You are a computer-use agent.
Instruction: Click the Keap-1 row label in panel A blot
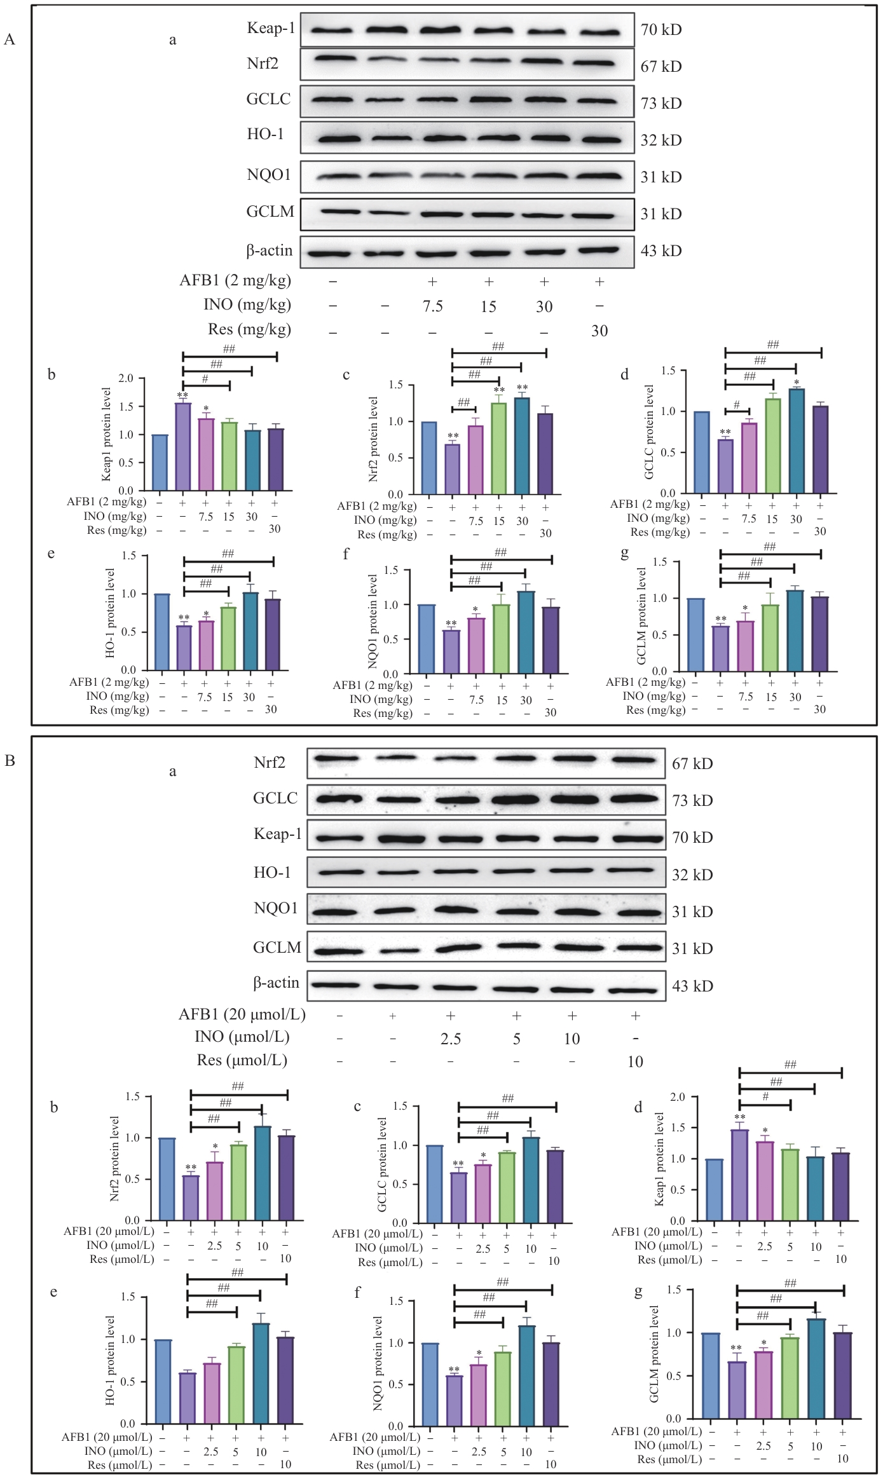pyautogui.click(x=271, y=28)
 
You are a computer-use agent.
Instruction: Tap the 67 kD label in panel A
pyautogui.click(x=661, y=66)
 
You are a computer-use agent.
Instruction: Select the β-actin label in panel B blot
pyautogui.click(x=276, y=983)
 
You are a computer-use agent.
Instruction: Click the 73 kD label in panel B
pyautogui.click(x=692, y=801)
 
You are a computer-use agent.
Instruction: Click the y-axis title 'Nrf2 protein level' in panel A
pyautogui.click(x=373, y=439)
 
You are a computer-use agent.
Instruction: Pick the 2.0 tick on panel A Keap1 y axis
pyautogui.click(x=126, y=379)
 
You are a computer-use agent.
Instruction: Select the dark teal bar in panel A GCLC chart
pyautogui.click(x=796, y=441)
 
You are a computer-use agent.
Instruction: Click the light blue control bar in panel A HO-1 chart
pyautogui.click(x=162, y=632)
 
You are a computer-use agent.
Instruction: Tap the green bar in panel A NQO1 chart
pyautogui.click(x=502, y=639)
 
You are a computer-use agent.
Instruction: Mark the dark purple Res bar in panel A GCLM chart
pyautogui.click(x=820, y=634)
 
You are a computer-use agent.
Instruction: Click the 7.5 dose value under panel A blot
pyautogui.click(x=432, y=306)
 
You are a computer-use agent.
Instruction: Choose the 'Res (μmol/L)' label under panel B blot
pyautogui.click(x=242, y=1060)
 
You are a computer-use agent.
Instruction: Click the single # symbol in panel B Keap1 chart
pyautogui.click(x=765, y=1096)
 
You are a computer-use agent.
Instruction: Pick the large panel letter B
pyautogui.click(x=10, y=760)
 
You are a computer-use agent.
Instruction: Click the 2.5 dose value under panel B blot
pyautogui.click(x=450, y=1039)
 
